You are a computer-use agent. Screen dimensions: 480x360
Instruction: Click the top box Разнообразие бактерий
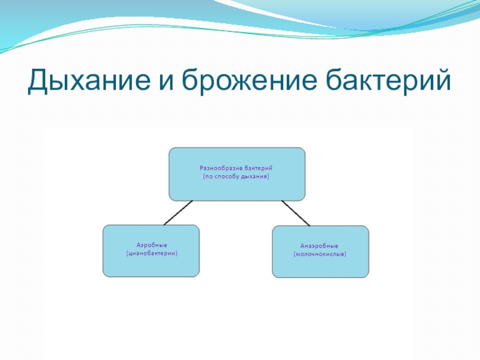[x=237, y=174]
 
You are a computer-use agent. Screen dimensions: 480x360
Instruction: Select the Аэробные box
[x=151, y=251]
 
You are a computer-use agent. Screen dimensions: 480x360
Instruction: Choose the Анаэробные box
[x=320, y=251]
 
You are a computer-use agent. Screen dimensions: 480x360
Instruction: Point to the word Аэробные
[x=151, y=246]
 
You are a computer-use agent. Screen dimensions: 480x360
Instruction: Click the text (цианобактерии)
[x=151, y=254]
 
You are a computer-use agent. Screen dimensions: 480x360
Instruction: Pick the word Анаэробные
[x=320, y=247]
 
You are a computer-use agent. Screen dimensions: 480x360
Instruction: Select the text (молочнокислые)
[x=320, y=255]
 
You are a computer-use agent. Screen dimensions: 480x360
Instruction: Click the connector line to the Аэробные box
[x=178, y=212]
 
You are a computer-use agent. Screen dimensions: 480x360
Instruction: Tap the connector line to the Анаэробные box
[x=295, y=213]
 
